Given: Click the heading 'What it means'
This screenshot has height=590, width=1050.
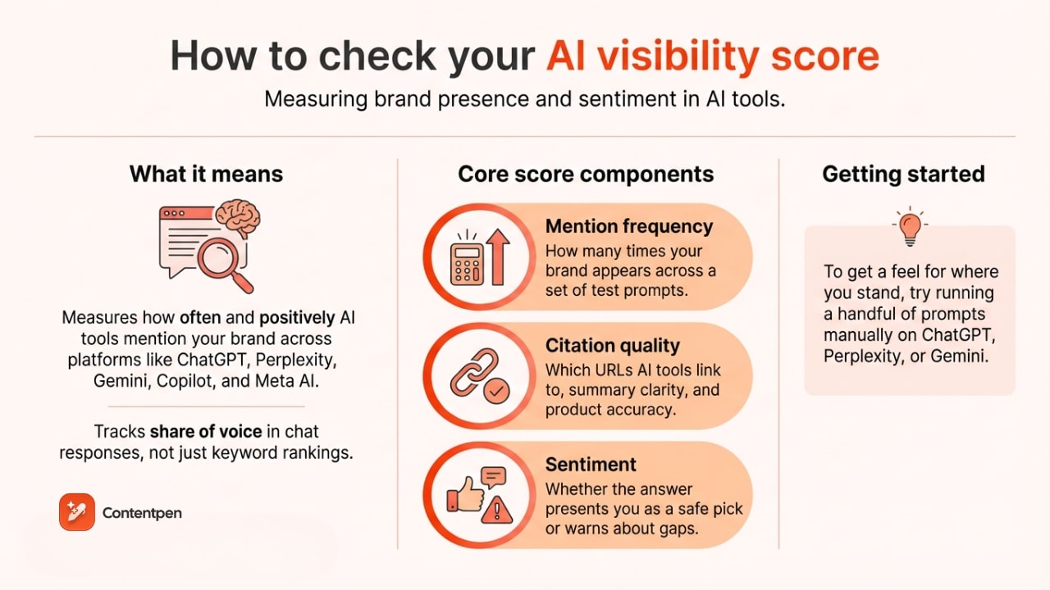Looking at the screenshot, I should (206, 174).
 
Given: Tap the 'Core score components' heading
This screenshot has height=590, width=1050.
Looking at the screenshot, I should (586, 174).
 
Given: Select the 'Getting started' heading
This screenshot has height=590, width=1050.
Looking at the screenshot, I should (903, 174).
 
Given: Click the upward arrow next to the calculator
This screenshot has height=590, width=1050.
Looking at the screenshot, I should (499, 256).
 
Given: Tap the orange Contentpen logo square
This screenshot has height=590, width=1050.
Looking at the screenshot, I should (77, 512).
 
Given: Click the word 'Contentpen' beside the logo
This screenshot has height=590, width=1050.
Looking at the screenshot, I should (142, 513).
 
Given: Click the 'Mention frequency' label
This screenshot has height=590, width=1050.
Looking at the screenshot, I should (629, 227).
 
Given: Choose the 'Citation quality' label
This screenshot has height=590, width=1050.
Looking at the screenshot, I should (613, 346).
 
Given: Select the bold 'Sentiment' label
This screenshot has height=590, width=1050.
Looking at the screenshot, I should (591, 465).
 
